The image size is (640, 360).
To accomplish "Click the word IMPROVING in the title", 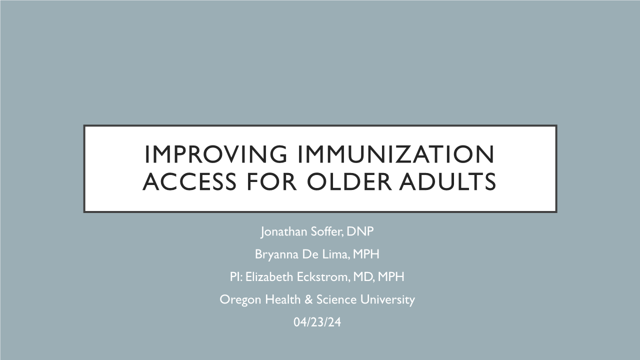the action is click(215, 154).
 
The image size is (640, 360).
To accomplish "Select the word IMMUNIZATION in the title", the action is click(396, 154).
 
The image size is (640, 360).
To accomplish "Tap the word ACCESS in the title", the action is click(189, 181).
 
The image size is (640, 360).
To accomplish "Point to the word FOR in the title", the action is click(271, 181).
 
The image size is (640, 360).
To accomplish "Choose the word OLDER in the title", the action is click(349, 181).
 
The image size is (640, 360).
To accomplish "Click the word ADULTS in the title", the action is click(447, 181).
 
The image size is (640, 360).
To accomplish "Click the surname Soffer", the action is click(327, 231).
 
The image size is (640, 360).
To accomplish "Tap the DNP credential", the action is click(360, 231).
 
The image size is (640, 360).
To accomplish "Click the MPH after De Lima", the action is click(366, 254).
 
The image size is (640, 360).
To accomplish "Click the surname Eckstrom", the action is click(323, 276).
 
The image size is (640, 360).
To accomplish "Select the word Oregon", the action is click(240, 300).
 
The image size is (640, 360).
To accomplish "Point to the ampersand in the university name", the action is click(308, 299).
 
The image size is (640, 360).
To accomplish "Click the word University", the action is click(387, 299).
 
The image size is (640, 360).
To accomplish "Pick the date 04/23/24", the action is click(317, 322).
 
